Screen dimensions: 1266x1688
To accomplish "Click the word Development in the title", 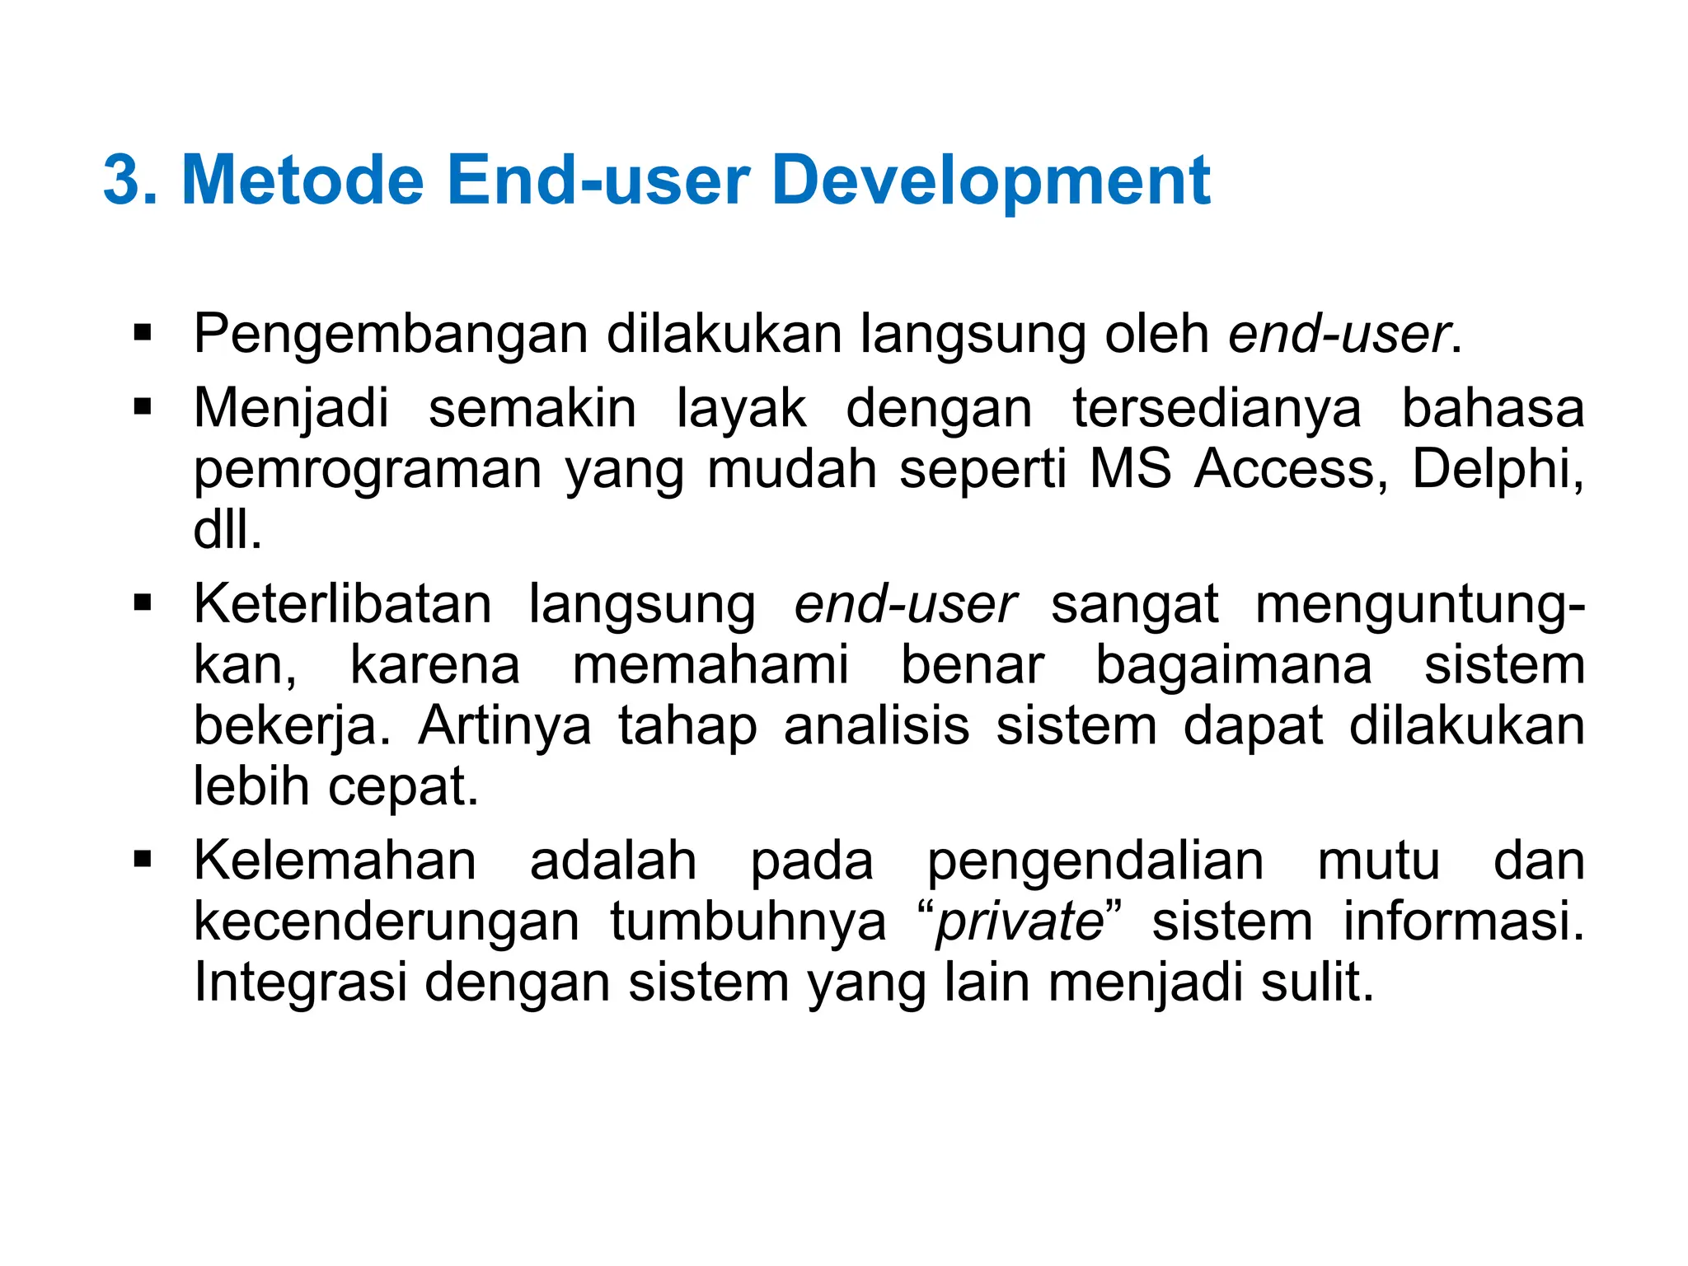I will (x=992, y=181).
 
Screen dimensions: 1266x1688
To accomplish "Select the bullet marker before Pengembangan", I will (x=143, y=334).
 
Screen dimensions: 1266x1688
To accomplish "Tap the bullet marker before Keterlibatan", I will (x=143, y=603).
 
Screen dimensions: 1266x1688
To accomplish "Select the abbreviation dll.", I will (x=227, y=529).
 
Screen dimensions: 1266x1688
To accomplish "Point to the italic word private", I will (x=1020, y=921).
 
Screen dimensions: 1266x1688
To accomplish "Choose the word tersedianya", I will (x=1217, y=408).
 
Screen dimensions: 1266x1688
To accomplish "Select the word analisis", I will (x=876, y=725).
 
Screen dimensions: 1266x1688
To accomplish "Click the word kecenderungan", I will (x=387, y=921).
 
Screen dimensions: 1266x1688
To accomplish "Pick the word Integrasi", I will (x=301, y=983).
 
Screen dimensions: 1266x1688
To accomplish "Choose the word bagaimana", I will (x=1233, y=665).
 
